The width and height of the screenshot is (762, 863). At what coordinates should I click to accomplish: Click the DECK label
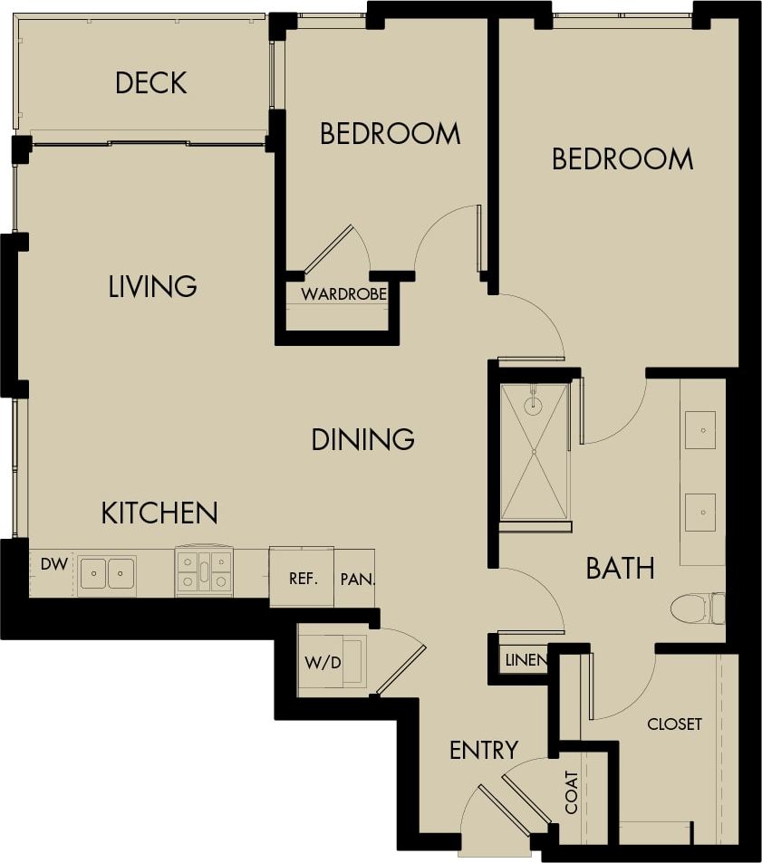(x=150, y=83)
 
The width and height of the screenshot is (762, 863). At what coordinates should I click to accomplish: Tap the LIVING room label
(x=152, y=286)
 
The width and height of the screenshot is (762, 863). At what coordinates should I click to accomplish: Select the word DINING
(x=362, y=439)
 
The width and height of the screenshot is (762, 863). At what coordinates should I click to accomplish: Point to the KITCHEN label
(x=159, y=513)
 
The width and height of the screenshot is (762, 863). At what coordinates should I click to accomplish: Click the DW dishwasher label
(x=54, y=563)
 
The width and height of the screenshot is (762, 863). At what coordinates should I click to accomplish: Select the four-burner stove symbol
(x=204, y=572)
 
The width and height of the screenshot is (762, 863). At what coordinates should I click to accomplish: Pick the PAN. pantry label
(x=357, y=578)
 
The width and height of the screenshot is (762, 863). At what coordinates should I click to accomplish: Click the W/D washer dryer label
(x=323, y=662)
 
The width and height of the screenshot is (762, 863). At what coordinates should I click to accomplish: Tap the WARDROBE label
(x=343, y=294)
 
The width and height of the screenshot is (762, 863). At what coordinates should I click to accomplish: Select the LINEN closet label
(x=526, y=660)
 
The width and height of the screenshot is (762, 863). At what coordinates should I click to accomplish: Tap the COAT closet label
(x=571, y=792)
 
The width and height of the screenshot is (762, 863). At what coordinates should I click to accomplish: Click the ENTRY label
(x=484, y=750)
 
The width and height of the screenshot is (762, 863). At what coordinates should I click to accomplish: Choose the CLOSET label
(x=674, y=724)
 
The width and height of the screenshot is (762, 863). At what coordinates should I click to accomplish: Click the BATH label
(x=620, y=569)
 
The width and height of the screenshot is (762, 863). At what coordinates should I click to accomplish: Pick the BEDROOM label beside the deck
(x=390, y=134)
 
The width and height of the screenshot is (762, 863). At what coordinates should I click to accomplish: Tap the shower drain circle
(x=533, y=406)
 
